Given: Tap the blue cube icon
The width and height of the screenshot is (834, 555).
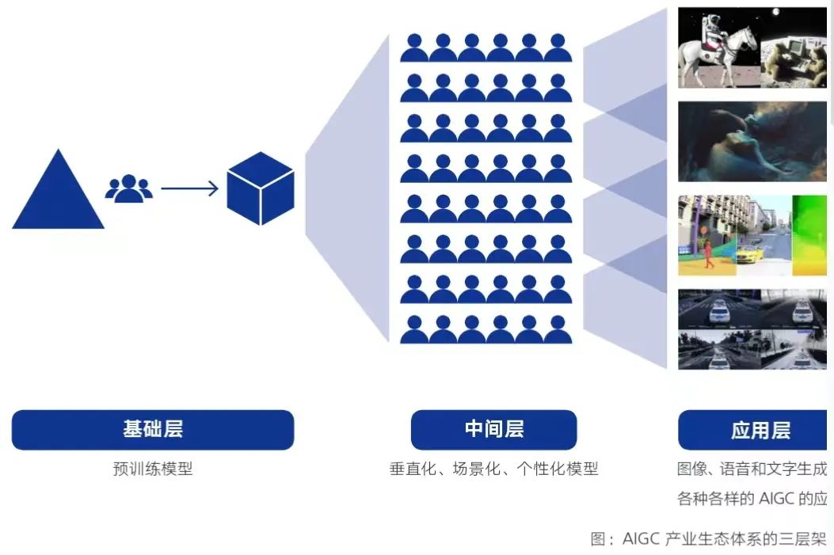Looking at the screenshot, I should (261, 188).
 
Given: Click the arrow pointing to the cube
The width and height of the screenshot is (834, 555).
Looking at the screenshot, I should (190, 188).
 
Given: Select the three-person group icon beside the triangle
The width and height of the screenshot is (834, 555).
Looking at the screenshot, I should (128, 188).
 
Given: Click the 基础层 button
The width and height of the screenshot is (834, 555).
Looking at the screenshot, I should (153, 430).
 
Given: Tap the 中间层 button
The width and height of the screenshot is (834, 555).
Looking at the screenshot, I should (493, 430).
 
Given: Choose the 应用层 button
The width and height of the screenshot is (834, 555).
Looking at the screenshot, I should (756, 431).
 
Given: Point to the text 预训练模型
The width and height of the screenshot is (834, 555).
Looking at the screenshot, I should (153, 469).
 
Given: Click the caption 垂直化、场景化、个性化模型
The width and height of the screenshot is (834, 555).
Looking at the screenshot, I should (493, 469).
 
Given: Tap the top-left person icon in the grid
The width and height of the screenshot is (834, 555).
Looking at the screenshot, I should (414, 48).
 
